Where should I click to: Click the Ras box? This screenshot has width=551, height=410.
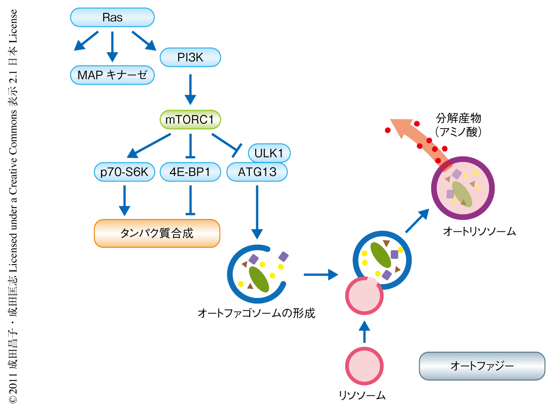tap(112, 18)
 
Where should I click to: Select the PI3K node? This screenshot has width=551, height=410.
tap(190, 57)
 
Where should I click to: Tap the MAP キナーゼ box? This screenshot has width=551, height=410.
tap(112, 75)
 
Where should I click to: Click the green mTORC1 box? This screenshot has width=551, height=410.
tap(190, 121)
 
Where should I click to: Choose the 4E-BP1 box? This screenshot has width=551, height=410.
tap(190, 172)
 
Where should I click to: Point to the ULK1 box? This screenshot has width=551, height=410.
tap(269, 152)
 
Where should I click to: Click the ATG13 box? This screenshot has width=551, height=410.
tap(257, 172)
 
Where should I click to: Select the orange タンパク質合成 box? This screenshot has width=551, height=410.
tap(157, 233)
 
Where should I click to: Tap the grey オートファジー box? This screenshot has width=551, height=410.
tap(482, 365)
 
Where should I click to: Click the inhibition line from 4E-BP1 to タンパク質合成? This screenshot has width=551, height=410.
tap(190, 200)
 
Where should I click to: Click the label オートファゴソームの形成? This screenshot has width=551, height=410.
tap(256, 314)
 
